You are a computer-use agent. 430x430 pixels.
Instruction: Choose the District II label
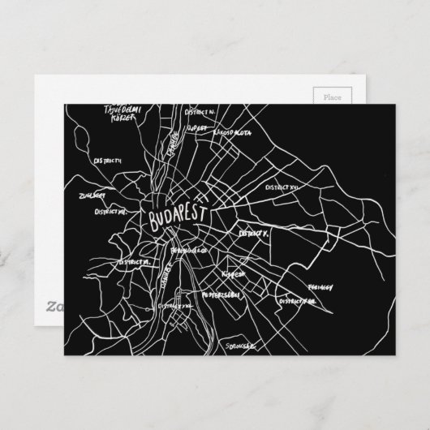coord(109,161)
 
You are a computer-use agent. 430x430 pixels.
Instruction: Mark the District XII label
coord(110,212)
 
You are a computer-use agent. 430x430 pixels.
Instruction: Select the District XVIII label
coord(298,300)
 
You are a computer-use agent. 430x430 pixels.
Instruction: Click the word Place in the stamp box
coord(333,97)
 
